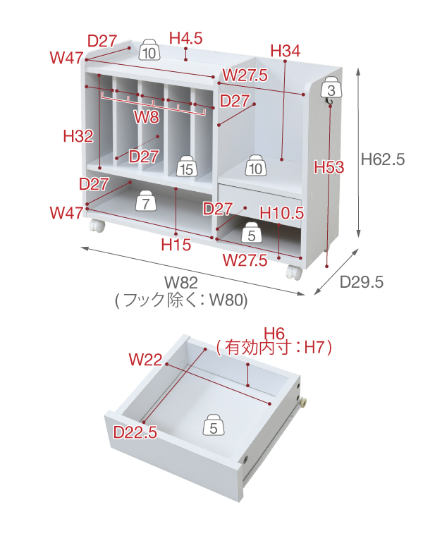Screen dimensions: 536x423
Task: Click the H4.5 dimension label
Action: pos(186,37)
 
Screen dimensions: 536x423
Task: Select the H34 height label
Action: pos(285,50)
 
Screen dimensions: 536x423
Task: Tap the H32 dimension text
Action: pos(78,136)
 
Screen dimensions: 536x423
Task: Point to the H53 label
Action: pos(329,167)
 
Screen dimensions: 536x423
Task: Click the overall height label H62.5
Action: pos(382,159)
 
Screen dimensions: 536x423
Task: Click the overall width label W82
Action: pos(181,283)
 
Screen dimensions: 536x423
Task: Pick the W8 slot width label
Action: pos(147,116)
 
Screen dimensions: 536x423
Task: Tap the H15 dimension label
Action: pos(176,245)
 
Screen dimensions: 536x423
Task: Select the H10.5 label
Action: pos(281,212)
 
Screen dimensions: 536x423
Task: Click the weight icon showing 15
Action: pos(186,167)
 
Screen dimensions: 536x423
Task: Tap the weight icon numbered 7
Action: pos(145,202)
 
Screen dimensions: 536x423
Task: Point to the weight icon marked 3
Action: pos(331,88)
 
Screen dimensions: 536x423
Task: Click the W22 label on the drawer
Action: pos(145,360)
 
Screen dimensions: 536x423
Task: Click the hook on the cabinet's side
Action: pos(329,104)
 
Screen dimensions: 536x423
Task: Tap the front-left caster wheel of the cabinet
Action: pos(95,226)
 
